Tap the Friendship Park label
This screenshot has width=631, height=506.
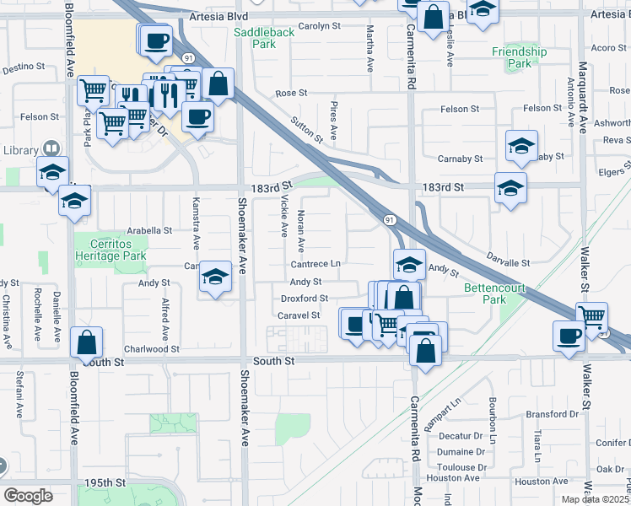tap(520, 57)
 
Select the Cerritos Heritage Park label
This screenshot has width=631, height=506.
tap(111, 250)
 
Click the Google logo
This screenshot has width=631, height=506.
tap(28, 495)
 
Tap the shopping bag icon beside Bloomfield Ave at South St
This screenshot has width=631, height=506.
tap(86, 342)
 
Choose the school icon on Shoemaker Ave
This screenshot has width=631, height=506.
tap(216, 277)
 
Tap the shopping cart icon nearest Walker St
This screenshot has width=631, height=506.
tap(592, 317)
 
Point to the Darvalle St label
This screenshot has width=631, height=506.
tap(508, 263)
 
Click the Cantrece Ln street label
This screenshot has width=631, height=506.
tap(316, 264)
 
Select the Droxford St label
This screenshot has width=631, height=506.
tap(304, 299)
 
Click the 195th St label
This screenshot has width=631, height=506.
tap(105, 482)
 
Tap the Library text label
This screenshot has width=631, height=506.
tap(20, 150)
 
